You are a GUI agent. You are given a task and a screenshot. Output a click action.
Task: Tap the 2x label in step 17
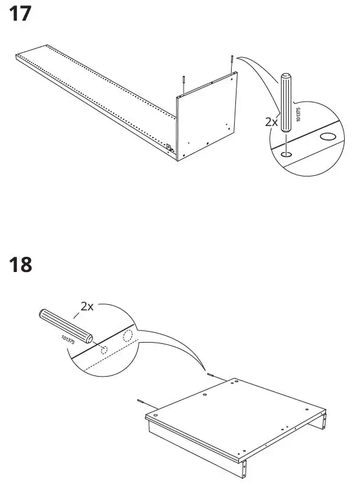pos(272,122)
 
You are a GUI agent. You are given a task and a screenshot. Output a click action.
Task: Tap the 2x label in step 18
pos(87,307)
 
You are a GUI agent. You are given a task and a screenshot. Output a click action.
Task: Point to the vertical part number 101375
pos(298,114)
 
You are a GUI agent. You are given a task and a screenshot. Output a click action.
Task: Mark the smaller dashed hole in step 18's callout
pos(104,350)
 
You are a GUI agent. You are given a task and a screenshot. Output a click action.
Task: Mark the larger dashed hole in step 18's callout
pos(127,337)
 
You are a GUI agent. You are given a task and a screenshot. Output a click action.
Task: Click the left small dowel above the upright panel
pos(182,84)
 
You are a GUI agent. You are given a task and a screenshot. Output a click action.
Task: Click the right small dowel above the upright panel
pos(232,63)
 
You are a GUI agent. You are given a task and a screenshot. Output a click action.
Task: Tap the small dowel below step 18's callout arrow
pos(210,375)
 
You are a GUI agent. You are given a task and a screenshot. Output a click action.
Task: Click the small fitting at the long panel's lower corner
pos(170,147)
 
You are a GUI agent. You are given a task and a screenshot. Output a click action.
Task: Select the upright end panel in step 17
pos(207,116)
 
